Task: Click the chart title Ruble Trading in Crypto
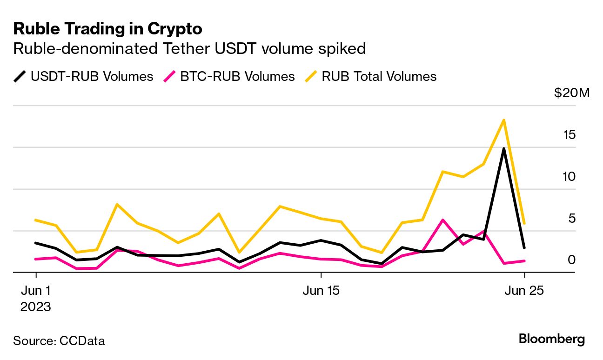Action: (107, 29)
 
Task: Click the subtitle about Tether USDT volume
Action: (189, 48)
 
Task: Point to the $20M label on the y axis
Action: (571, 93)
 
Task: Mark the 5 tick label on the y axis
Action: (572, 218)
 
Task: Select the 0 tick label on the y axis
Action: (572, 260)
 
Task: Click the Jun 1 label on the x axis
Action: (36, 291)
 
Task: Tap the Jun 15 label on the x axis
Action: (321, 291)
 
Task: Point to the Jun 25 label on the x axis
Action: (525, 291)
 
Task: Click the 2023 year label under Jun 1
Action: (36, 307)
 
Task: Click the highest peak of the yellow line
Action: (503, 120)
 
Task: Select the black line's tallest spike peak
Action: (503, 149)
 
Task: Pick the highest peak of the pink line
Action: (443, 220)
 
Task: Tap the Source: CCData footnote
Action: (59, 341)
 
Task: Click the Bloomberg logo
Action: (551, 340)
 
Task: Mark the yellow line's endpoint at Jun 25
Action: (524, 224)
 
